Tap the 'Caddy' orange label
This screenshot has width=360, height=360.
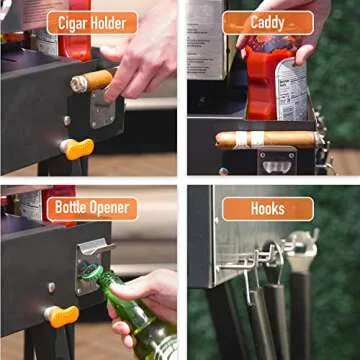(x=267, y=23)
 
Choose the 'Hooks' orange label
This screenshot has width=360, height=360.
(x=267, y=209)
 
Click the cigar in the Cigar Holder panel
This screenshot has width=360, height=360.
(x=93, y=80)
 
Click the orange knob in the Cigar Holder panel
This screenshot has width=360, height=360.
(x=76, y=148)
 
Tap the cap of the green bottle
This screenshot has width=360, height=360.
(x=92, y=272)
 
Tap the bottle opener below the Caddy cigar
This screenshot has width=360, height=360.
(x=276, y=160)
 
